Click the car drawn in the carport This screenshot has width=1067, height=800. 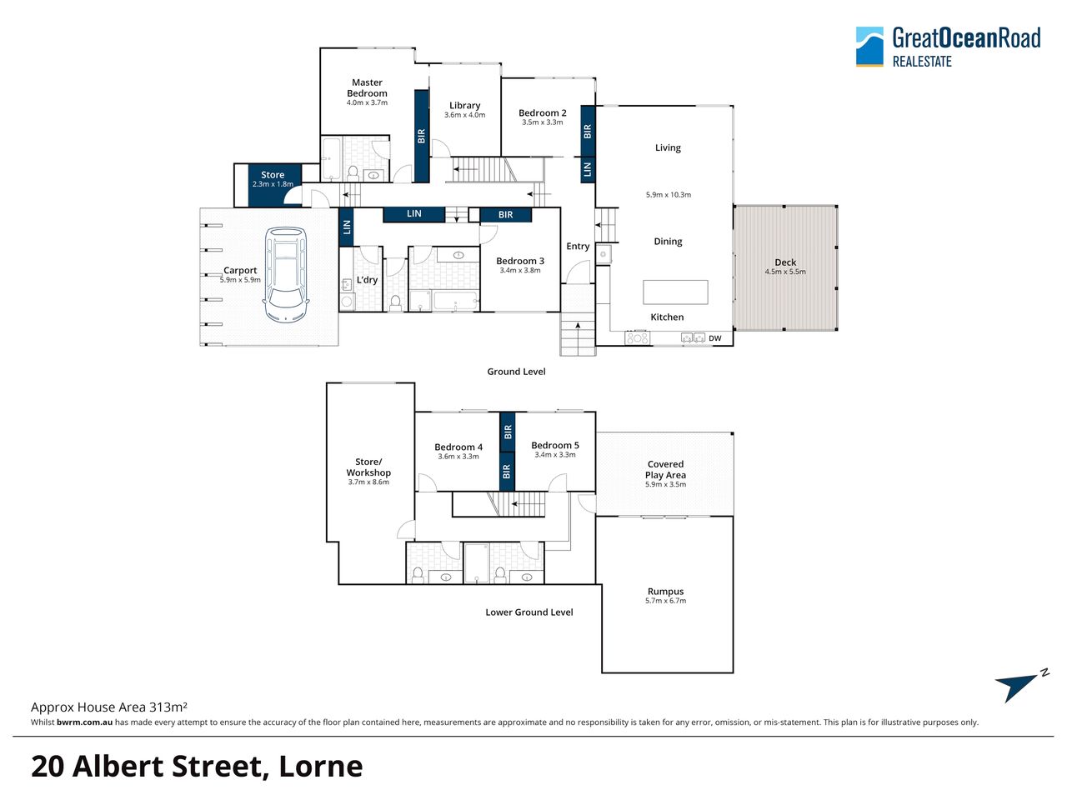[286, 275]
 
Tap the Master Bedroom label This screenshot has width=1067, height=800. [367, 88]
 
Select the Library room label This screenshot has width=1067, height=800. [464, 105]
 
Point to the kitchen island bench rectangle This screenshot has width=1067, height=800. [675, 292]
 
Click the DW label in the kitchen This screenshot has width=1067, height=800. [715, 338]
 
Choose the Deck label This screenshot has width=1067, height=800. [785, 262]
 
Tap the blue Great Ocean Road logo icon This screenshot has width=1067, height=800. [869, 47]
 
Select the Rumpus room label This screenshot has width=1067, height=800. [665, 591]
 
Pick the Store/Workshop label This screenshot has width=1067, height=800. [368, 467]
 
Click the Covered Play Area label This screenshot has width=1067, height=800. [665, 470]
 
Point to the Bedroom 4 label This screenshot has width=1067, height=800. [458, 447]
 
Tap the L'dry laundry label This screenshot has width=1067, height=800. [367, 280]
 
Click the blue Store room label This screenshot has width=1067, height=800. [273, 175]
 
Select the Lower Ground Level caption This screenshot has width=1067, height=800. [528, 612]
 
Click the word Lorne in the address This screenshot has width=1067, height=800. [321, 767]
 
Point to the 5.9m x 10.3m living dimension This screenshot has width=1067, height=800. [669, 195]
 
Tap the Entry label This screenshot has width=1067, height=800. [578, 247]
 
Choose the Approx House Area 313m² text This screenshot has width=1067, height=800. [109, 707]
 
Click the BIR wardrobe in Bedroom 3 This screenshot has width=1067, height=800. [505, 215]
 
